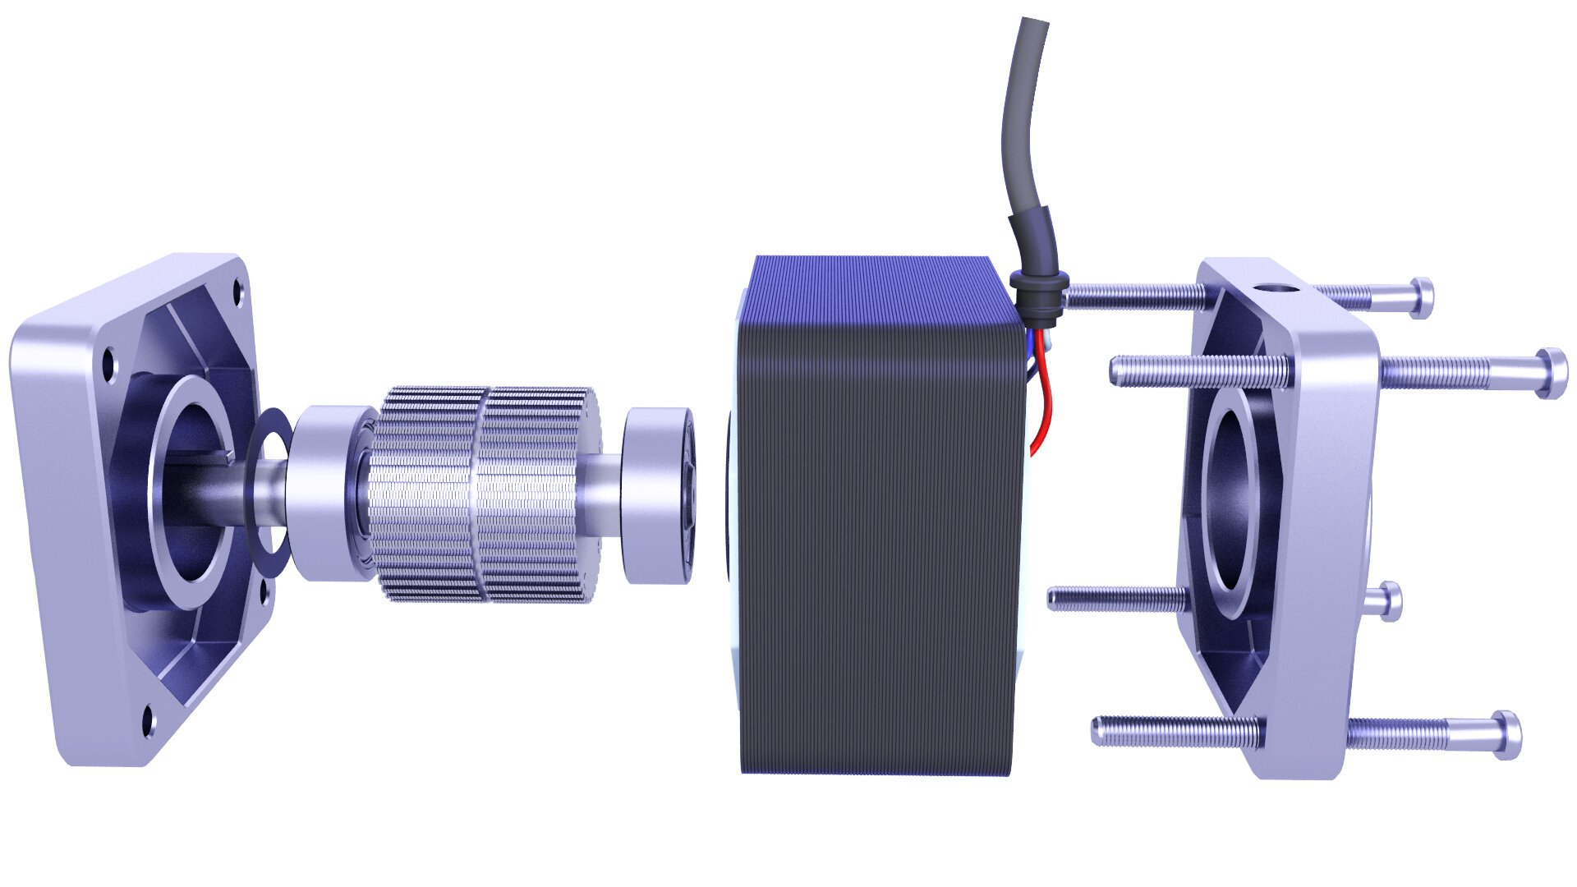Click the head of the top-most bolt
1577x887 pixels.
point(1423,297)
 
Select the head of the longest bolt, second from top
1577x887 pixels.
point(1551,374)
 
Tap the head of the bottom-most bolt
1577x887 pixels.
point(1505,734)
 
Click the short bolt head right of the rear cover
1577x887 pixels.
point(1389,600)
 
